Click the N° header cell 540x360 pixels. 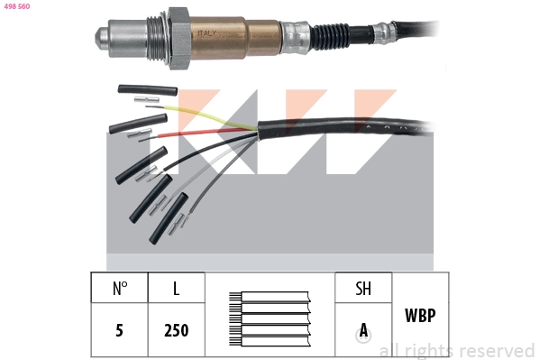pyautogui.click(x=120, y=289)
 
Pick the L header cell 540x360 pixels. pyautogui.click(x=176, y=289)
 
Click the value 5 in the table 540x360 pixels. pyautogui.click(x=120, y=330)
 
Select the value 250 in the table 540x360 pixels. pyautogui.click(x=176, y=330)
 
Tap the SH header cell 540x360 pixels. pyautogui.click(x=363, y=289)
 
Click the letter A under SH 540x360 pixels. pyautogui.click(x=363, y=330)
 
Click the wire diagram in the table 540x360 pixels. pyautogui.click(x=270, y=316)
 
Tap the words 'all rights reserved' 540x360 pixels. pyautogui.click(x=457, y=350)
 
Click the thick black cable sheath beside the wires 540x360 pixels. pyautogui.click(x=361, y=135)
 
